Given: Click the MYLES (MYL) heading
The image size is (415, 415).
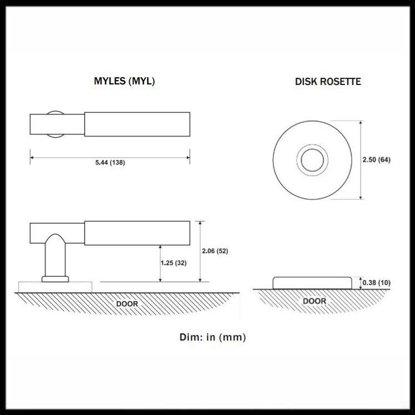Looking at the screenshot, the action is tap(124, 81).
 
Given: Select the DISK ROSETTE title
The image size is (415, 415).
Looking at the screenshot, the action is tap(328, 82).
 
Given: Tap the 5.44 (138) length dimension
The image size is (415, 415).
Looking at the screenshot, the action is tap(110, 163).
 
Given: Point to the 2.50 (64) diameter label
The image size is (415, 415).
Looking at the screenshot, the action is tap(376, 159).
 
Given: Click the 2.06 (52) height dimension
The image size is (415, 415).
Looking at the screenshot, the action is tap(215, 251).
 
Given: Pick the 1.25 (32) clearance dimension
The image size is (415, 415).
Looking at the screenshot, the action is tap(174, 263).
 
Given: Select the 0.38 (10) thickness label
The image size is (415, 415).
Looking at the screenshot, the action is tap(376, 283).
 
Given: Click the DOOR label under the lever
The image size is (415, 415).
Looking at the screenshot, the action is tap(127, 304).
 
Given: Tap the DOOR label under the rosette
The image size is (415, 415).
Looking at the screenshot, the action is tap(314, 301).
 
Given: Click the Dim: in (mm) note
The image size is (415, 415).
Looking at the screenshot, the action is tap(213, 337).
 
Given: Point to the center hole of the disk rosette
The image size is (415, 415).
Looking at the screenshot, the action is tap(312, 160).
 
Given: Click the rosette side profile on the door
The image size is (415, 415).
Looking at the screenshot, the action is tap(312, 283).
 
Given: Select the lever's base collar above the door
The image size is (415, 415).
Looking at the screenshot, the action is tap(56, 279).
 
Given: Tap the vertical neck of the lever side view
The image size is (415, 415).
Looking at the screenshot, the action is tap(56, 255).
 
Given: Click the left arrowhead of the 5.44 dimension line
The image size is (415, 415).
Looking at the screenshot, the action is tap(32, 157).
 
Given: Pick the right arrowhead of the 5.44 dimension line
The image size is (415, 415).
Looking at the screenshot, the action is tap(188, 157).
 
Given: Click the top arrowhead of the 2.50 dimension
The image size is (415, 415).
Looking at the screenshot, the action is tap(361, 123).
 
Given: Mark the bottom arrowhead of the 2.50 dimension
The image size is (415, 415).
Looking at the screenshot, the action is tap(361, 197).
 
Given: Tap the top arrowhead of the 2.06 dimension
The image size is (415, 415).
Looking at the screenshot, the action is tap(200, 223).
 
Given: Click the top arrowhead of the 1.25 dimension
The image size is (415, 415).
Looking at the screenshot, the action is tap(160, 247).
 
